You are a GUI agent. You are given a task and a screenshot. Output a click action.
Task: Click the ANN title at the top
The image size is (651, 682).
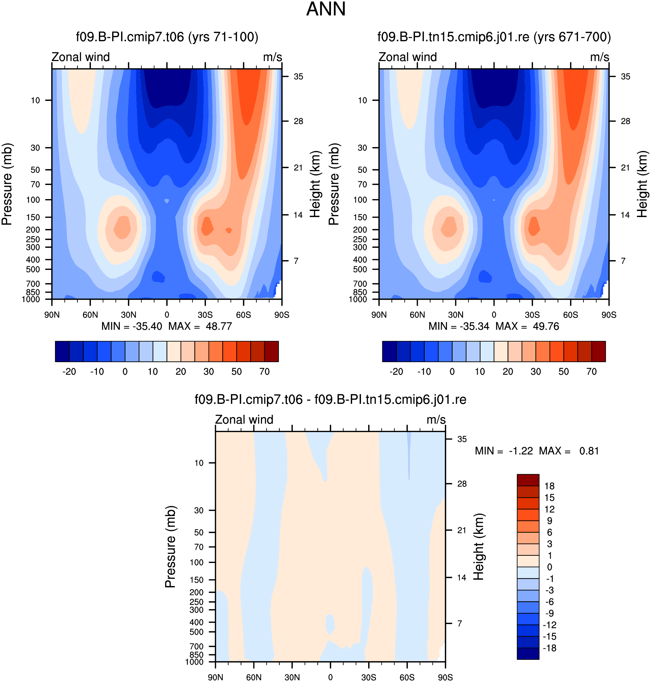[x=325, y=9]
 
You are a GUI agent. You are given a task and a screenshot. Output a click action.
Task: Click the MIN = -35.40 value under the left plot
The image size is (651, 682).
[x=131, y=326]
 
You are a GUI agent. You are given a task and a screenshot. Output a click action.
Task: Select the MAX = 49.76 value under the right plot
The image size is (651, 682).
[x=527, y=326]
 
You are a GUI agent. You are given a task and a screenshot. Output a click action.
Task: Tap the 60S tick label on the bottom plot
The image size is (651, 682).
[x=407, y=677]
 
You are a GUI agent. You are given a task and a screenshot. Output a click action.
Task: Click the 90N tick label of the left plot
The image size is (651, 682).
[x=52, y=315]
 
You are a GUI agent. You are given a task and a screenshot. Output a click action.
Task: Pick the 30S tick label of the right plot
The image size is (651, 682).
[x=532, y=315]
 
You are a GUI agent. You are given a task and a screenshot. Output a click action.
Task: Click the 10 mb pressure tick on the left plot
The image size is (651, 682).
[x=36, y=100]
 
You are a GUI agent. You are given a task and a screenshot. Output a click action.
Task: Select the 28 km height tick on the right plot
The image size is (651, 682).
[x=625, y=121]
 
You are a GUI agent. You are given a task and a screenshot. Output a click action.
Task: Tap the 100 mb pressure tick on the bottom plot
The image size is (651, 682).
[x=196, y=562]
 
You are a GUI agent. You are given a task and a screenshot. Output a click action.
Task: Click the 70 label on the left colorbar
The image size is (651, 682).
[x=264, y=372]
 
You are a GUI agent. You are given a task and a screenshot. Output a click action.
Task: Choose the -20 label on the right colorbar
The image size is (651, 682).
[x=396, y=372]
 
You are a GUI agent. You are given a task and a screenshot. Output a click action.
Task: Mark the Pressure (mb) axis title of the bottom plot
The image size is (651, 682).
[x=170, y=547]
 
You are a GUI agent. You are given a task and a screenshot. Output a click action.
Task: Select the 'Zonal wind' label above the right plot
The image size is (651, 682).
[x=407, y=57]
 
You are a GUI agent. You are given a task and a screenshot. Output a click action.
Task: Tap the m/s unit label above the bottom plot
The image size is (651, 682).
[x=436, y=420]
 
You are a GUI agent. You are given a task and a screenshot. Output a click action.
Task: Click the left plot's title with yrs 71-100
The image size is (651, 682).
[x=167, y=37]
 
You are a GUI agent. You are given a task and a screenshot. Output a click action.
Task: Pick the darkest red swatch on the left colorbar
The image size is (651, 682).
[x=271, y=351]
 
